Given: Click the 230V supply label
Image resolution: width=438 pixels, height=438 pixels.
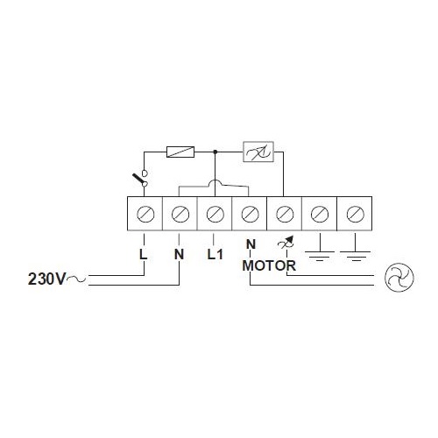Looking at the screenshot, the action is pyautogui.click(x=47, y=279).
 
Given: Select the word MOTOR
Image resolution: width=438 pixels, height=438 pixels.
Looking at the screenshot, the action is pyautogui.click(x=269, y=265).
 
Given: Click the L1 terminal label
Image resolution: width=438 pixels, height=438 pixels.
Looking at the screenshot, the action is pyautogui.click(x=215, y=254).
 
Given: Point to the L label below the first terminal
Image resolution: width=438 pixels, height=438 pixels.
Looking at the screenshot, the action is pyautogui.click(x=143, y=254).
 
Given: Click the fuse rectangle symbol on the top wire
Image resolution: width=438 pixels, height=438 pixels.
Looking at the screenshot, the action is pyautogui.click(x=180, y=152).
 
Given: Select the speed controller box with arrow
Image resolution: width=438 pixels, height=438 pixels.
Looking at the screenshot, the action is pyautogui.click(x=258, y=152).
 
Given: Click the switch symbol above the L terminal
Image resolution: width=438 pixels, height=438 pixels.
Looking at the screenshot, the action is pyautogui.click(x=142, y=178).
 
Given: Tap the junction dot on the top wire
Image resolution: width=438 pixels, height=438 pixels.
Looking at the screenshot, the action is pyautogui.click(x=215, y=152).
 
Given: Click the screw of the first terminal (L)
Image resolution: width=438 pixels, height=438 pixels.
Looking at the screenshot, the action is pyautogui.click(x=145, y=214).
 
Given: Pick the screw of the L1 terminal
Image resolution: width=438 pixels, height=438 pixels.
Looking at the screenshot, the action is pyautogui.click(x=215, y=214).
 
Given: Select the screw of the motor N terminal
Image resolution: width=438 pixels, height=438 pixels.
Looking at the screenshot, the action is pyautogui.click(x=250, y=214).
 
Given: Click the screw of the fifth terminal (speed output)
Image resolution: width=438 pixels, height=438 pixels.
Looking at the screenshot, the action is pyautogui.click(x=285, y=214).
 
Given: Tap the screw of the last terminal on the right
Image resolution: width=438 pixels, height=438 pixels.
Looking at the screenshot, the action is pyautogui.click(x=355, y=214).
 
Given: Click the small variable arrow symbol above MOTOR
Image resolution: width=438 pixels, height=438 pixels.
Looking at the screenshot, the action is pyautogui.click(x=286, y=242).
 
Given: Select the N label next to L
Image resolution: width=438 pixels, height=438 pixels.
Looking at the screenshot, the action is pyautogui.click(x=180, y=254).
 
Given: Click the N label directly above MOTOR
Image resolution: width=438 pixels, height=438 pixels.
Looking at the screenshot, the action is pyautogui.click(x=251, y=244).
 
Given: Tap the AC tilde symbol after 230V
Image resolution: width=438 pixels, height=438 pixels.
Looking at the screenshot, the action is pyautogui.click(x=76, y=279).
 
